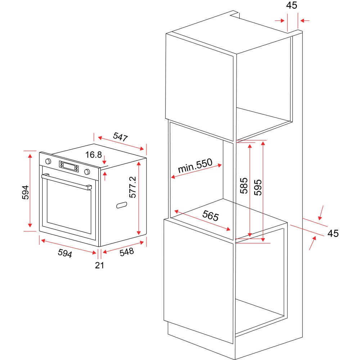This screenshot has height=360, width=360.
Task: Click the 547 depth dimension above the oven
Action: pos(120,137)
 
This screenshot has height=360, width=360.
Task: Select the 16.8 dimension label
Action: pos(94,155)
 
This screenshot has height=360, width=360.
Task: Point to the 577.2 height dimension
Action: pos(133,187)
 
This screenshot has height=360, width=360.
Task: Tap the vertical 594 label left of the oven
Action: pos(26,192)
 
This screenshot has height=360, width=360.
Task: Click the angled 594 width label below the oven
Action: pos(65,253)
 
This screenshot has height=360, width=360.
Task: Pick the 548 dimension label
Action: pos(127,252)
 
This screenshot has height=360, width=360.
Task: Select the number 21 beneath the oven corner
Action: pos(99,265)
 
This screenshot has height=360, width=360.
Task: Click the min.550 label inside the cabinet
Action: pos(195,166)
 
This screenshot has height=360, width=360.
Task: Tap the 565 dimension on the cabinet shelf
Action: pos(211,216)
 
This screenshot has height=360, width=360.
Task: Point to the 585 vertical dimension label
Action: pos(244,185)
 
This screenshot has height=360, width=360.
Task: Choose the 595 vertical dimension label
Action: pos(258,187)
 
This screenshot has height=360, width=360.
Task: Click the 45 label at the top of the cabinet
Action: pos(292,5)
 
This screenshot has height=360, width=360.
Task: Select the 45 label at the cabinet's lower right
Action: pos(333,233)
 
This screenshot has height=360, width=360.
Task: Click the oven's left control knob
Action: pos(48,161)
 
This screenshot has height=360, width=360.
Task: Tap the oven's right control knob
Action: pos(87,171)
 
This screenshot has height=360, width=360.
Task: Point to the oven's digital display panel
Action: pos(69,166)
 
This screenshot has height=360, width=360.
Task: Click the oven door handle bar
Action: pos(67,181)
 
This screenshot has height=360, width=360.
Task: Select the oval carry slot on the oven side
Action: pos(122,205)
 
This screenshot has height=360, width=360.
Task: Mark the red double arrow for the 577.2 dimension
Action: pos(139,198)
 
